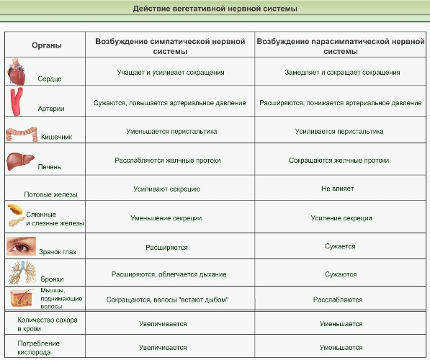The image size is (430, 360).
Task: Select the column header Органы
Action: coord(47,45)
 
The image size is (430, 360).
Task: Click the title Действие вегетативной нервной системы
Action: coord(215,9)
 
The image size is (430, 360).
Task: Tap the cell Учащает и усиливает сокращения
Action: coord(171,73)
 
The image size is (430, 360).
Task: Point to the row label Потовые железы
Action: coord(50,194)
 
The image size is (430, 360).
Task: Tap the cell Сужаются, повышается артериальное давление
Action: coord(170,103)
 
